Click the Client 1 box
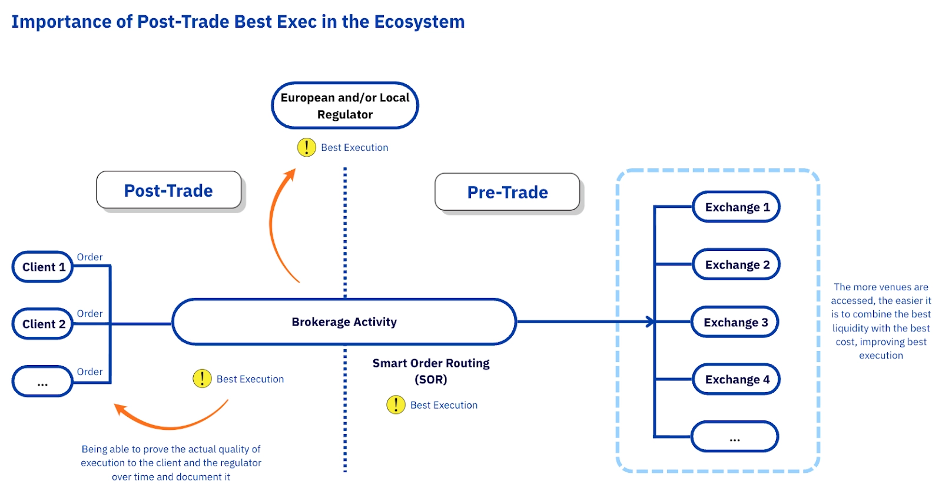42,267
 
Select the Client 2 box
42,324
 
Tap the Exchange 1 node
736,207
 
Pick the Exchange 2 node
736,264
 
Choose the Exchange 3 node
735,322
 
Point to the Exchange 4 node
736,379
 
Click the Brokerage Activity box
344,322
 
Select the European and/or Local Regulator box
344,106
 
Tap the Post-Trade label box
168,190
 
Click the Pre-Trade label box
507,192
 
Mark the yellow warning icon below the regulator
306,147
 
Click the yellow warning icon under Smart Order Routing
396,404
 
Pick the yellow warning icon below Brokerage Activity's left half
202,379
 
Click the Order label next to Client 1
89,257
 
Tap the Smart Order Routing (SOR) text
431,371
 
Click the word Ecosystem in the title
419,22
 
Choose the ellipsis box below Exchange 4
735,437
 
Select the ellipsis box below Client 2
42,382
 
